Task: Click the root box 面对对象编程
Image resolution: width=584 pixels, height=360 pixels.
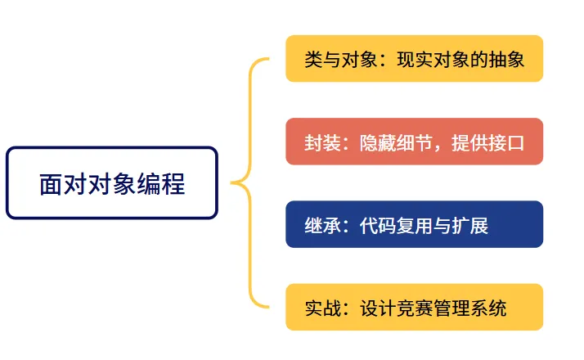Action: (111, 183)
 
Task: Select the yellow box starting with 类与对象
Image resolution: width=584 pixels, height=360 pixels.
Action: (414, 59)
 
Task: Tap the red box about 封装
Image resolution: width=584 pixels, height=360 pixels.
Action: (414, 142)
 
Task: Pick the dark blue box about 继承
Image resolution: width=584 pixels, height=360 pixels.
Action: (414, 224)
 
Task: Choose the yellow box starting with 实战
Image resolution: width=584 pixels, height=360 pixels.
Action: (414, 308)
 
